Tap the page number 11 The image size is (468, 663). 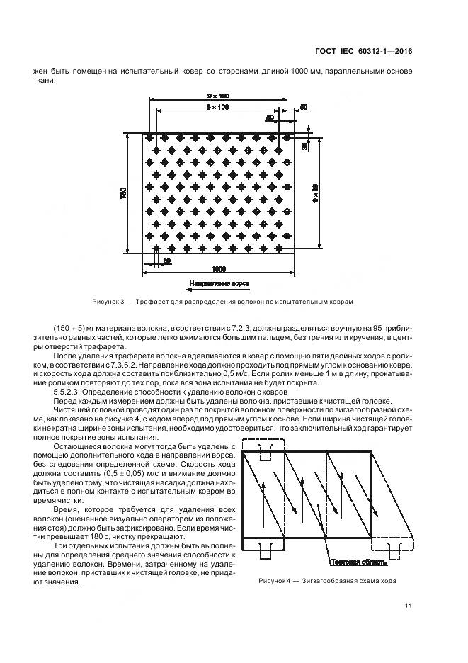pyautogui.click(x=409, y=606)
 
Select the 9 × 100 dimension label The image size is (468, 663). pyautogui.click(x=217, y=96)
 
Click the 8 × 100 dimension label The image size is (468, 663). pyautogui.click(x=217, y=107)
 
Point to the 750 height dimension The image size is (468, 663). pyautogui.click(x=124, y=192)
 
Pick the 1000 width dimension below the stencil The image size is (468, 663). pyautogui.click(x=218, y=270)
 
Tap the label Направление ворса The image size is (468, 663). pyautogui.click(x=218, y=283)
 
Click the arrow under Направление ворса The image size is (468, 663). pyautogui.click(x=218, y=289)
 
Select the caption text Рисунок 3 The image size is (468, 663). pyautogui.click(x=108, y=302)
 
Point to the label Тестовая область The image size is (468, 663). pyautogui.click(x=357, y=562)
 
